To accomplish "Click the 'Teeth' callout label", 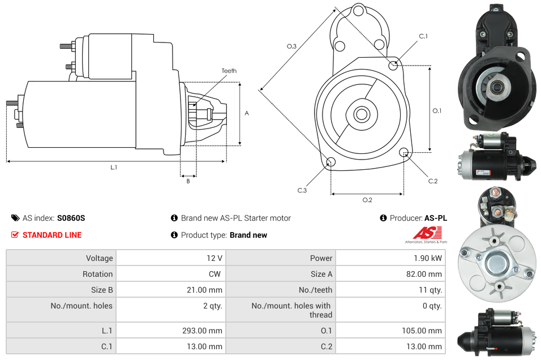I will point(229,71).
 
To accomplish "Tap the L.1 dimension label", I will point(114,168).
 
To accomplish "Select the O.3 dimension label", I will point(291,46).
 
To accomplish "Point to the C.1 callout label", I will point(423,37).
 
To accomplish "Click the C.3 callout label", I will point(302,191).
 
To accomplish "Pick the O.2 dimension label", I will point(367,200).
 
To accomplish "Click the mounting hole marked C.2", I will point(404,152).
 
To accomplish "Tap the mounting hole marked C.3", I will point(330,163).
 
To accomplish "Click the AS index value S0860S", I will point(71,218).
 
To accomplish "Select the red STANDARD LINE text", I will point(52,235).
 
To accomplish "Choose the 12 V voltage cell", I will point(214,258).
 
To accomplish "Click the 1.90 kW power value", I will point(428,258).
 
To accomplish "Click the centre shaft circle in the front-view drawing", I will point(361,114).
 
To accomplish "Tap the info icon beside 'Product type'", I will point(174,235).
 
